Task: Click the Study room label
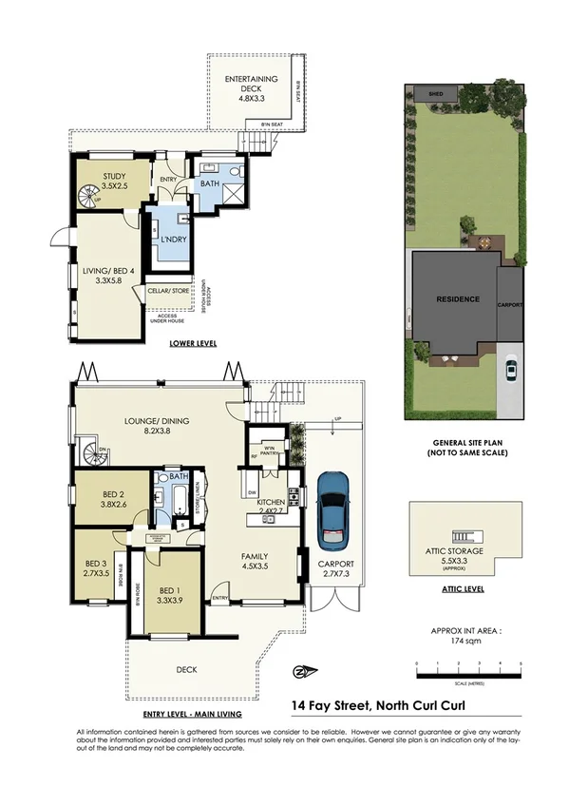[x=114, y=181]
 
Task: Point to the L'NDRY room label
[x=171, y=239]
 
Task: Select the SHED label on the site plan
[x=436, y=95]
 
